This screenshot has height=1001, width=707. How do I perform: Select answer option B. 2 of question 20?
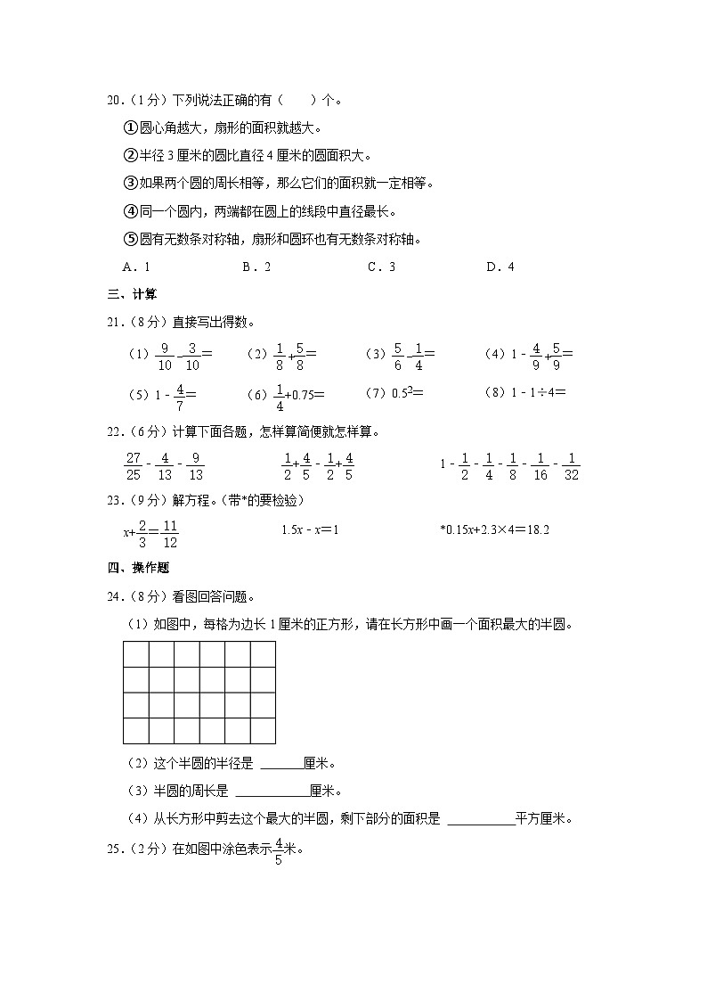coord(256,267)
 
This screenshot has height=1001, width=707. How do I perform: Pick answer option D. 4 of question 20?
coord(500,267)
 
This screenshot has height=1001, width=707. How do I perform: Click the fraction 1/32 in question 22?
coord(572,466)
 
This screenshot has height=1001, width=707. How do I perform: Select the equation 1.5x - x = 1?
coord(310,529)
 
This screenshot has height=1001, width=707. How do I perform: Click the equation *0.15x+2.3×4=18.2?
coord(494,529)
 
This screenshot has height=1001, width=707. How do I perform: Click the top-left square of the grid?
coord(136,654)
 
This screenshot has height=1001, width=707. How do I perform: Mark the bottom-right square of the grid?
coord(263,730)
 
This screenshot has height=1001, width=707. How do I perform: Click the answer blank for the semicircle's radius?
coord(281,764)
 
